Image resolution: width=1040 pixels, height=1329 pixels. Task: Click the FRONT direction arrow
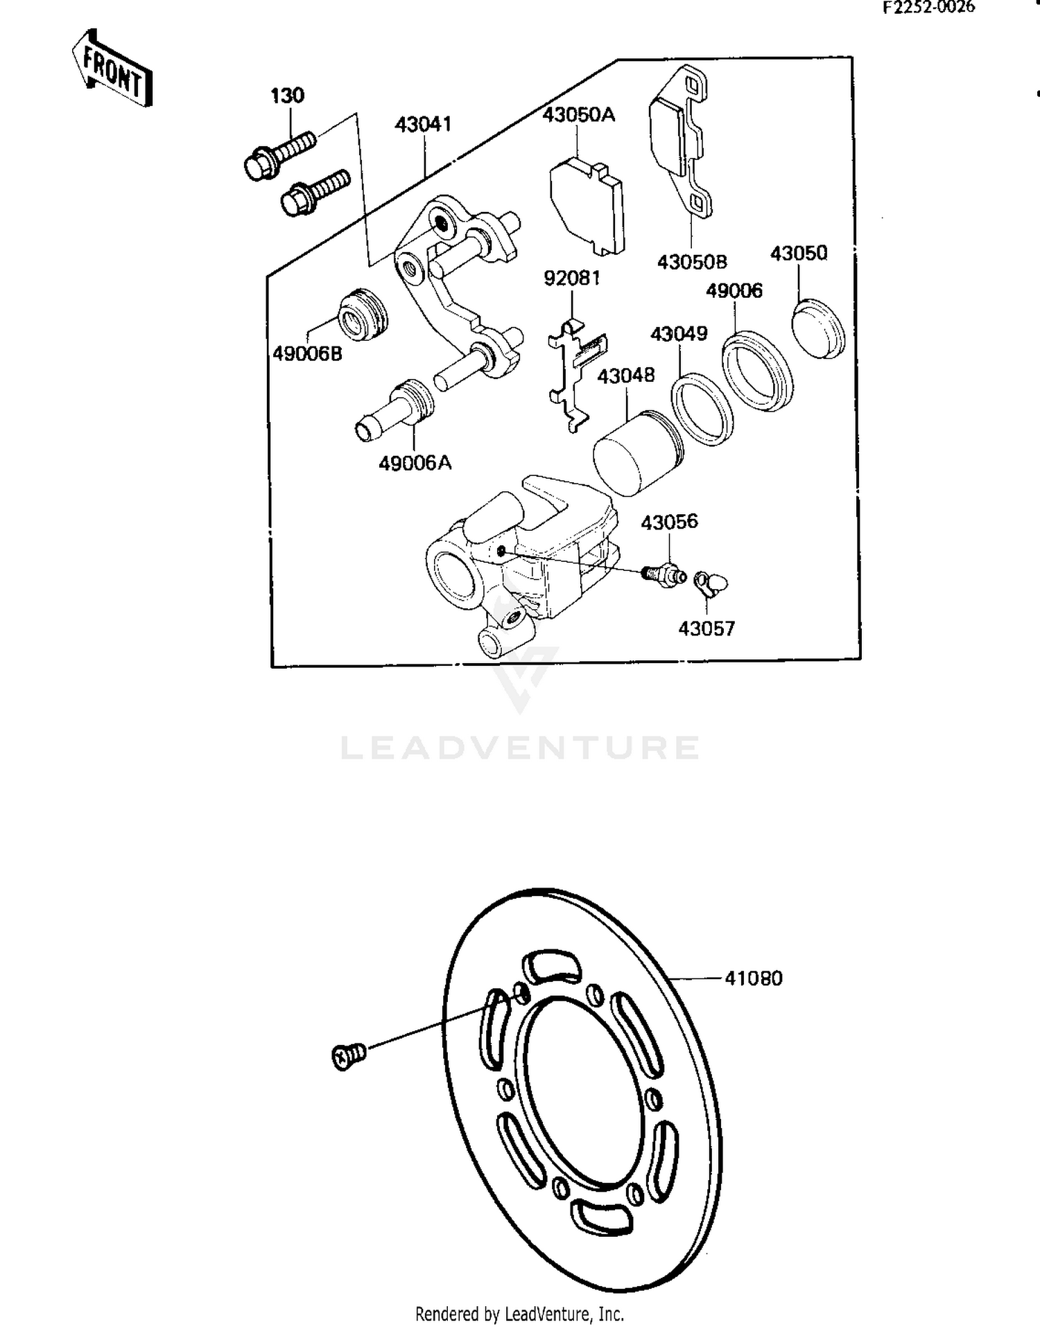click(112, 69)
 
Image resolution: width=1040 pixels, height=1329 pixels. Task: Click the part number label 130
click(287, 96)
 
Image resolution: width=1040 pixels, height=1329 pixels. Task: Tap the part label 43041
click(423, 125)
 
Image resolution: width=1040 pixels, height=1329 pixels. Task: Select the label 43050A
click(578, 115)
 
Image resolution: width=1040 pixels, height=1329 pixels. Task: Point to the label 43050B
click(691, 263)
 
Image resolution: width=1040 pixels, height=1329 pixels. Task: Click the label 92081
click(571, 279)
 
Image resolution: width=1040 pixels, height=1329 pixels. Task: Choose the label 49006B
click(307, 354)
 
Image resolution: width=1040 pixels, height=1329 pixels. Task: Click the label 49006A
click(415, 463)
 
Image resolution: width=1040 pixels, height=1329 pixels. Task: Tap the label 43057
click(706, 628)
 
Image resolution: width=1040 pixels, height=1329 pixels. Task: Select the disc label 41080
click(753, 978)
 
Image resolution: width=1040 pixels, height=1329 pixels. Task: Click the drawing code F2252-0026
click(928, 8)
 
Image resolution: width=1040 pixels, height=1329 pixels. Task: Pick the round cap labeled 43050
click(818, 329)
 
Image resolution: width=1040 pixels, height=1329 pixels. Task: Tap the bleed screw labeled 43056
click(664, 576)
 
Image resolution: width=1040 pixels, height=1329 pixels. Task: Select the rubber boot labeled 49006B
click(362, 315)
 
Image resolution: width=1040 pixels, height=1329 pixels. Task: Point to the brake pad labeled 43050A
click(587, 205)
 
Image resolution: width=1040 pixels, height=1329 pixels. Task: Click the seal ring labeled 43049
click(702, 410)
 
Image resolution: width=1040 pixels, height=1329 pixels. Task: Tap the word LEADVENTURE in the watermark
click(520, 748)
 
